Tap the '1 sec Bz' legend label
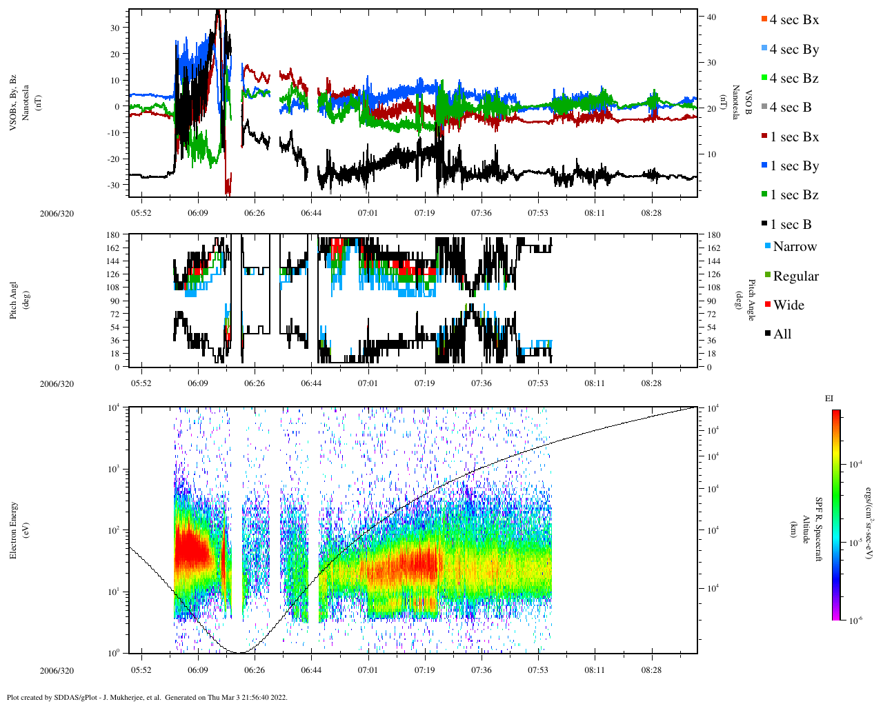point(795,195)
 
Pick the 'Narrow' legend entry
point(794,247)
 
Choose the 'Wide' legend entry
point(788,305)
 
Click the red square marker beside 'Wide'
point(768,305)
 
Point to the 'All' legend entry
point(782,334)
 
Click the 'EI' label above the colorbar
point(829,399)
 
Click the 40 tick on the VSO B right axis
point(712,17)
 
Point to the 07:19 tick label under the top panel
point(424,213)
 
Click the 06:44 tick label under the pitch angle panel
point(310,383)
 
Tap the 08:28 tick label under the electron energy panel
point(651,669)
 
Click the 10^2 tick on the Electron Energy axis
point(113,529)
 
